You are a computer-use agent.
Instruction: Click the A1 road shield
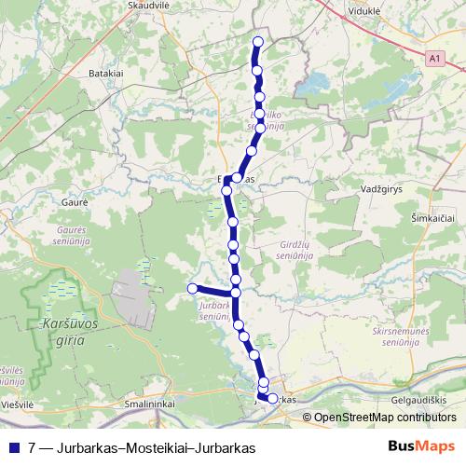(x=433, y=59)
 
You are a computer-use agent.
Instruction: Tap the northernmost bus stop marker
(x=258, y=42)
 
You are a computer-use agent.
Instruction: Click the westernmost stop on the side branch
(x=192, y=289)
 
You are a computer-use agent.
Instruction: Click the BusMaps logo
(x=421, y=447)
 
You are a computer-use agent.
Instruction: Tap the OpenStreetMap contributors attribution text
(x=386, y=418)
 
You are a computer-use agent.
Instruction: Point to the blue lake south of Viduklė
(x=310, y=90)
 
